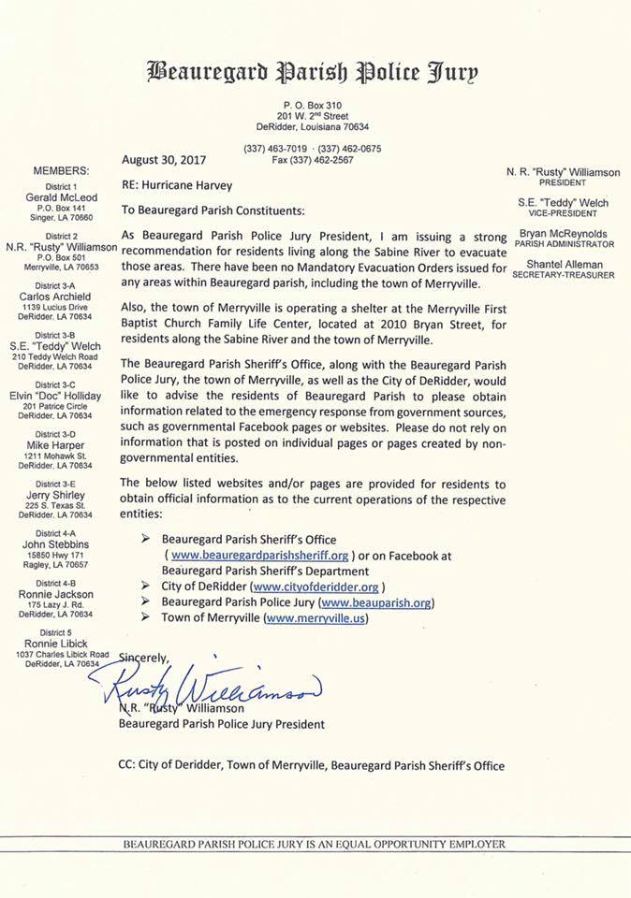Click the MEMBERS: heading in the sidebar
pyautogui.click(x=62, y=171)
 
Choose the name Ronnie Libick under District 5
pyautogui.click(x=62, y=644)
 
